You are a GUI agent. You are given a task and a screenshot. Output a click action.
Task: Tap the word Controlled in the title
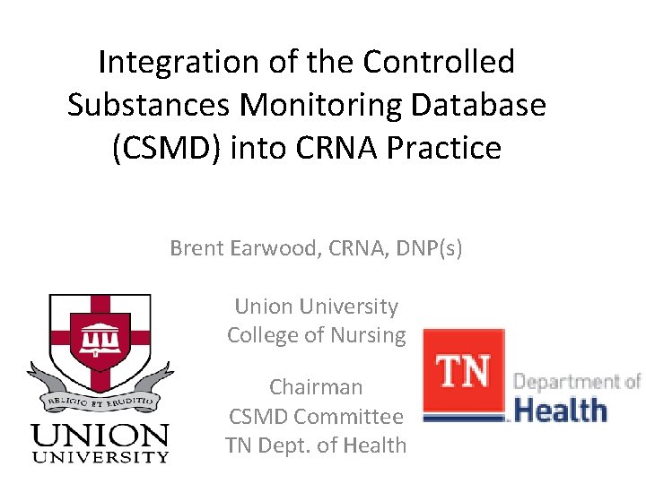[x=439, y=62]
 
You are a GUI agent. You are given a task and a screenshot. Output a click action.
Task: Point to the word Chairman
[x=316, y=387]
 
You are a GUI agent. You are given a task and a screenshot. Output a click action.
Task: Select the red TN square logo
[x=462, y=373]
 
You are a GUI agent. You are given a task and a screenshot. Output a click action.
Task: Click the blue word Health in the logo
[x=561, y=411]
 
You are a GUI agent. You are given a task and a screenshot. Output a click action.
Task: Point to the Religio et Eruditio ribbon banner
[x=100, y=394]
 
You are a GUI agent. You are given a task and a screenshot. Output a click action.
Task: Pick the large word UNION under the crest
[x=100, y=436]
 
